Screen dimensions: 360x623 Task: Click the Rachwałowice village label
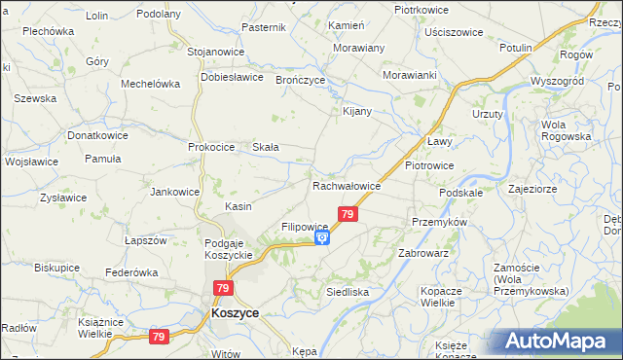point(346,186)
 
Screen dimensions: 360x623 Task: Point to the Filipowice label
point(305,227)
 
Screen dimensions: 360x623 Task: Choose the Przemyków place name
point(440,221)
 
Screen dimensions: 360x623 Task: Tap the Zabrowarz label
point(422,252)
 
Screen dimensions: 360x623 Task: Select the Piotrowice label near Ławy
point(429,165)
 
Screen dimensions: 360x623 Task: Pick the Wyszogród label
point(556,81)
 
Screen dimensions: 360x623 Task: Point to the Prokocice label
point(211,147)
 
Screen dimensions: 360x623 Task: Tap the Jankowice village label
point(174,192)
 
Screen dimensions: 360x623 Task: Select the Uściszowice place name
point(454,32)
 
